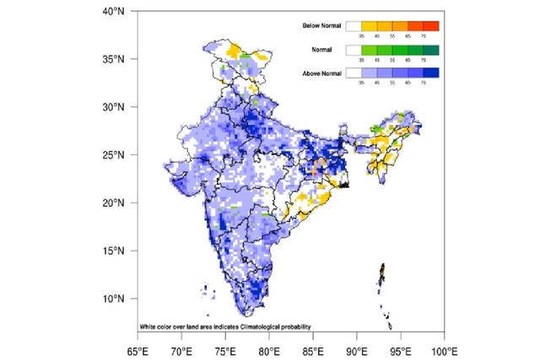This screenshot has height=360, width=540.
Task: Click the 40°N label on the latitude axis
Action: [114, 12]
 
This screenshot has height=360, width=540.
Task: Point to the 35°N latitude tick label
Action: [114, 60]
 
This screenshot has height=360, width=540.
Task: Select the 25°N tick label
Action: [114, 155]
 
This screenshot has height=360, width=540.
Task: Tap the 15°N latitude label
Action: [114, 250]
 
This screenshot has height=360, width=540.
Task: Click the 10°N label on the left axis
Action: [114, 298]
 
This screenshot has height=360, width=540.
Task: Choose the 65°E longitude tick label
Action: [138, 348]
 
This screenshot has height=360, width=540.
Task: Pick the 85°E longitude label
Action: [313, 348]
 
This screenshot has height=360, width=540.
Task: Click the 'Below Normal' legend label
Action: [321, 27]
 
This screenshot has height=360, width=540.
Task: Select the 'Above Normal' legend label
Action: [321, 75]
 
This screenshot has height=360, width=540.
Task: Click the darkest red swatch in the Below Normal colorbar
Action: [431, 27]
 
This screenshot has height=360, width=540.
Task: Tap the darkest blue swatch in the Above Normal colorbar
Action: [431, 75]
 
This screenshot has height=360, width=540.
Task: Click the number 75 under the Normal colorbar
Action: [424, 61]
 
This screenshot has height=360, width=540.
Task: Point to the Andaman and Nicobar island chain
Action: [384, 291]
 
